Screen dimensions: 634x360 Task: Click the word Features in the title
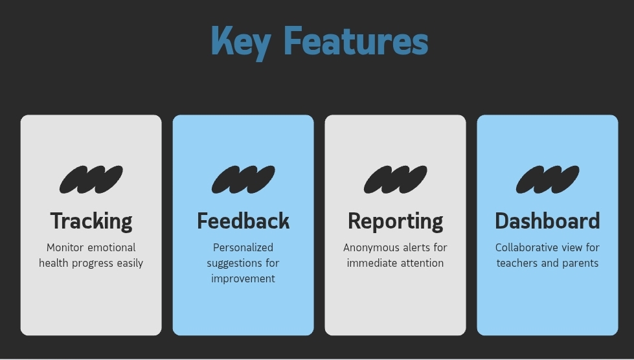tap(356, 40)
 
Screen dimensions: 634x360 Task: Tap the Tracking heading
tap(91, 221)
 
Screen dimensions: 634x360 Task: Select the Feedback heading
tap(243, 221)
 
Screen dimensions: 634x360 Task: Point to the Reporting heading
tap(396, 221)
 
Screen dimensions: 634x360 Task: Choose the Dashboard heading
tap(547, 221)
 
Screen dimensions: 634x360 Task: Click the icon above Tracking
tap(91, 179)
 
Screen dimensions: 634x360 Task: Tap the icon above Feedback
tap(243, 179)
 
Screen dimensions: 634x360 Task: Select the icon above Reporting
tap(396, 179)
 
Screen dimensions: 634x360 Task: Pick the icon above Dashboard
tap(547, 179)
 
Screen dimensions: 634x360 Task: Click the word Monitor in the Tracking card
tap(65, 247)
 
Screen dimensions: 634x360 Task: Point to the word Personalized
tap(243, 247)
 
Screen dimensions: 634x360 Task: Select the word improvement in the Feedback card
tap(243, 279)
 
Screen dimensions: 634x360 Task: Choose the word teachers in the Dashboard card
tap(517, 263)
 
